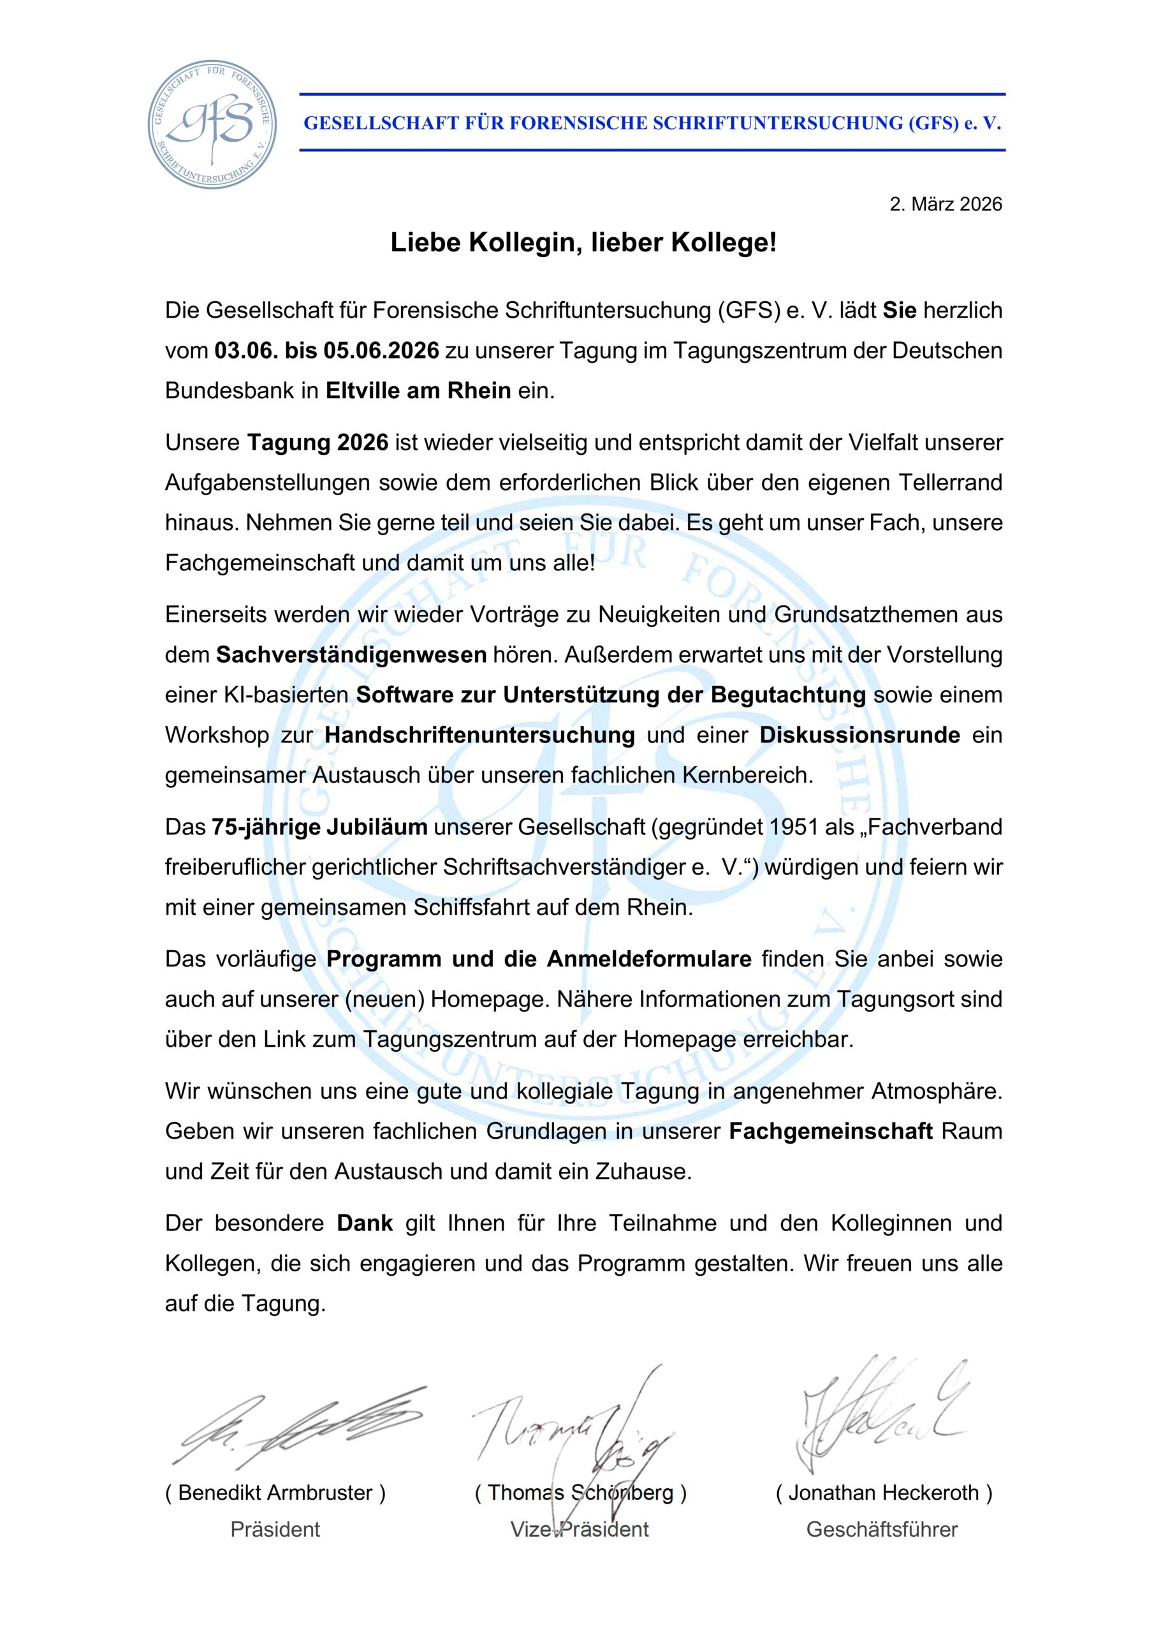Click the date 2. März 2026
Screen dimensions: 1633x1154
[946, 205]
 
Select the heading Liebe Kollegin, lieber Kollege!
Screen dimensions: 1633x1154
[583, 243]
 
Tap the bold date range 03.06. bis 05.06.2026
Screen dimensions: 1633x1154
[327, 351]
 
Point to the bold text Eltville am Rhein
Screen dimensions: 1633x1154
[418, 390]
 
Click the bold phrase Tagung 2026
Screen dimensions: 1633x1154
[318, 443]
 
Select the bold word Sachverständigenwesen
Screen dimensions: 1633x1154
[351, 654]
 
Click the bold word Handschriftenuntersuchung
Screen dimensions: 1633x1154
[480, 735]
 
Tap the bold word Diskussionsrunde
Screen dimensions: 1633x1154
[859, 735]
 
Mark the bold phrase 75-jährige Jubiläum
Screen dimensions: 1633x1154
[319, 827]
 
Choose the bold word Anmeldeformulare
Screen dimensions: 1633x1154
[648, 959]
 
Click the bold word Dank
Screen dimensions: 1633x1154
[365, 1223]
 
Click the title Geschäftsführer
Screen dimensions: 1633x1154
[882, 1529]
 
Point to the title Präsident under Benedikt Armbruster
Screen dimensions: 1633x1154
[275, 1529]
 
